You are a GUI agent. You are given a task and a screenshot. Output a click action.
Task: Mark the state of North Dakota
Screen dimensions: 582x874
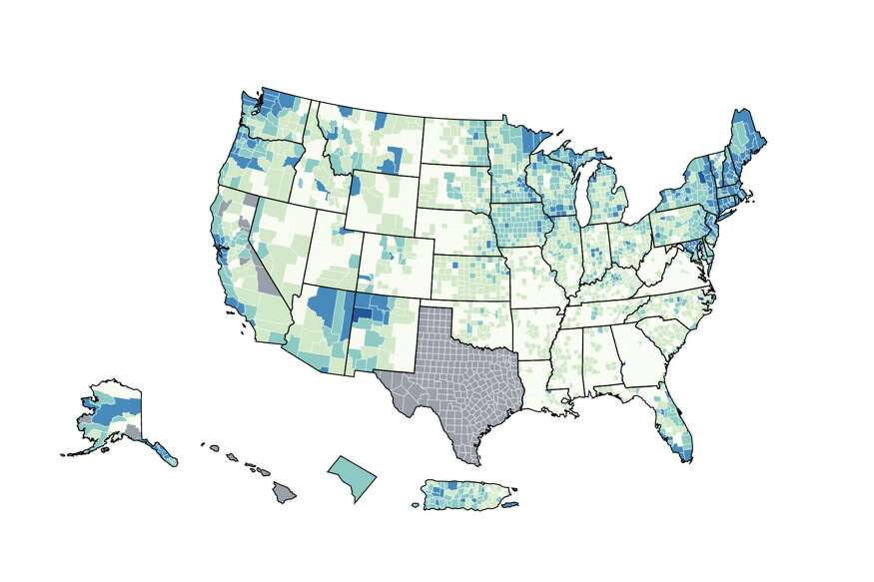[x=454, y=140]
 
